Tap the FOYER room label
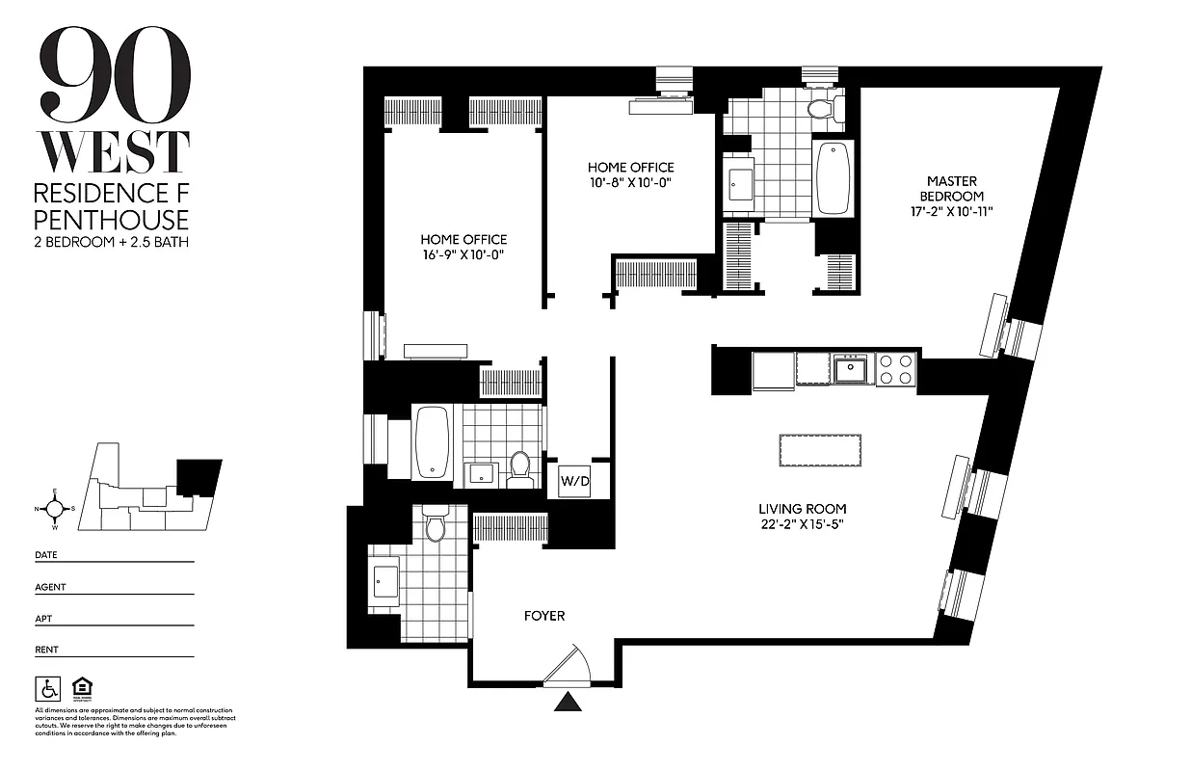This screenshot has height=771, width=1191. [x=544, y=616]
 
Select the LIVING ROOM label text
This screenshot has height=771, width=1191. [x=802, y=509]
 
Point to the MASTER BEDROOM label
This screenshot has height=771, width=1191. [x=952, y=188]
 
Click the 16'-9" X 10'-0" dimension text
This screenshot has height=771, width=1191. [x=463, y=255]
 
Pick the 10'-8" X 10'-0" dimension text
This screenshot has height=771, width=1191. [x=631, y=183]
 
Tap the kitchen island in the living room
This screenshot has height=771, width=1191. [x=819, y=450]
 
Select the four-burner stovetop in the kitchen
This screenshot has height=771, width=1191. [x=895, y=370]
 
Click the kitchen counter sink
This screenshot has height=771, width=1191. [x=851, y=368]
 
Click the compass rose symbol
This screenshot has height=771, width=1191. [x=56, y=509]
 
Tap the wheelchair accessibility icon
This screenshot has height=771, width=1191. [x=47, y=688]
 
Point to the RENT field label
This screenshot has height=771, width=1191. [x=46, y=650]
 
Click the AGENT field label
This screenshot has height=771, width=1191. [x=50, y=586]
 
